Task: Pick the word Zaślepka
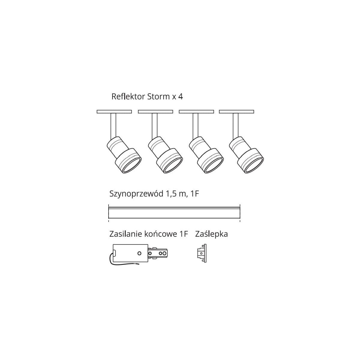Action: [x=211, y=234]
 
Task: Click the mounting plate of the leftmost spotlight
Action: [x=114, y=112]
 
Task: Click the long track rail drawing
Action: [x=174, y=213]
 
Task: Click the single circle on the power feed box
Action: [x=139, y=253]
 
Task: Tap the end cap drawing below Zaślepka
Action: [x=202, y=253]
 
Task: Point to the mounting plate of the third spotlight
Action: [x=196, y=112]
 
